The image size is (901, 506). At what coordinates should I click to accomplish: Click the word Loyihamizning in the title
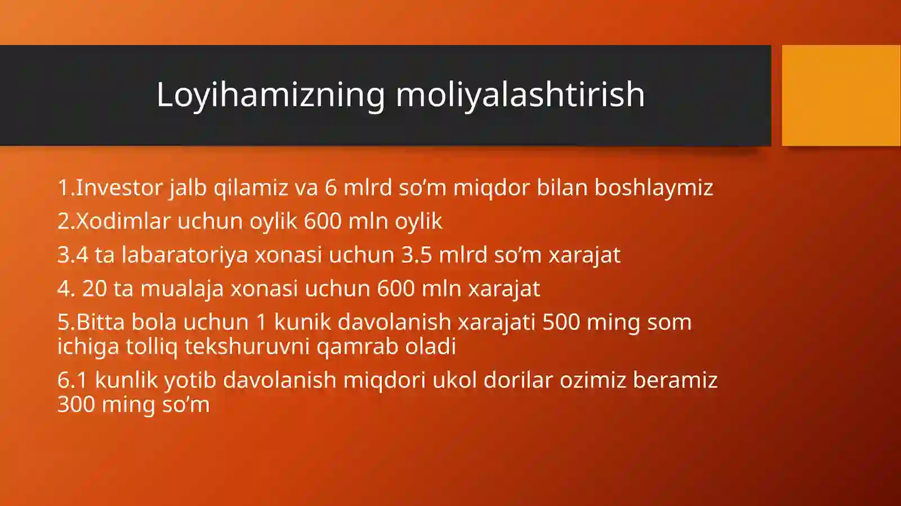(270, 95)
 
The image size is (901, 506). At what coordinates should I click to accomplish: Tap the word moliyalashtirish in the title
(520, 95)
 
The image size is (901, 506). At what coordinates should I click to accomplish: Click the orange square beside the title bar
(841, 95)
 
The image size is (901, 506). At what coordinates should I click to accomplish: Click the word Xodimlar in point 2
(123, 221)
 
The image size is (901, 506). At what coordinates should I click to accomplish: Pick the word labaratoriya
(185, 255)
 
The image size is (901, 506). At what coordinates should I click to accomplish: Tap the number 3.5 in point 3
(416, 255)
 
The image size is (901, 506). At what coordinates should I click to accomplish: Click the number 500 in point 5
(561, 323)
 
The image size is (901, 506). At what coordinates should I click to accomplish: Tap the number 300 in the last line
(76, 404)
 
